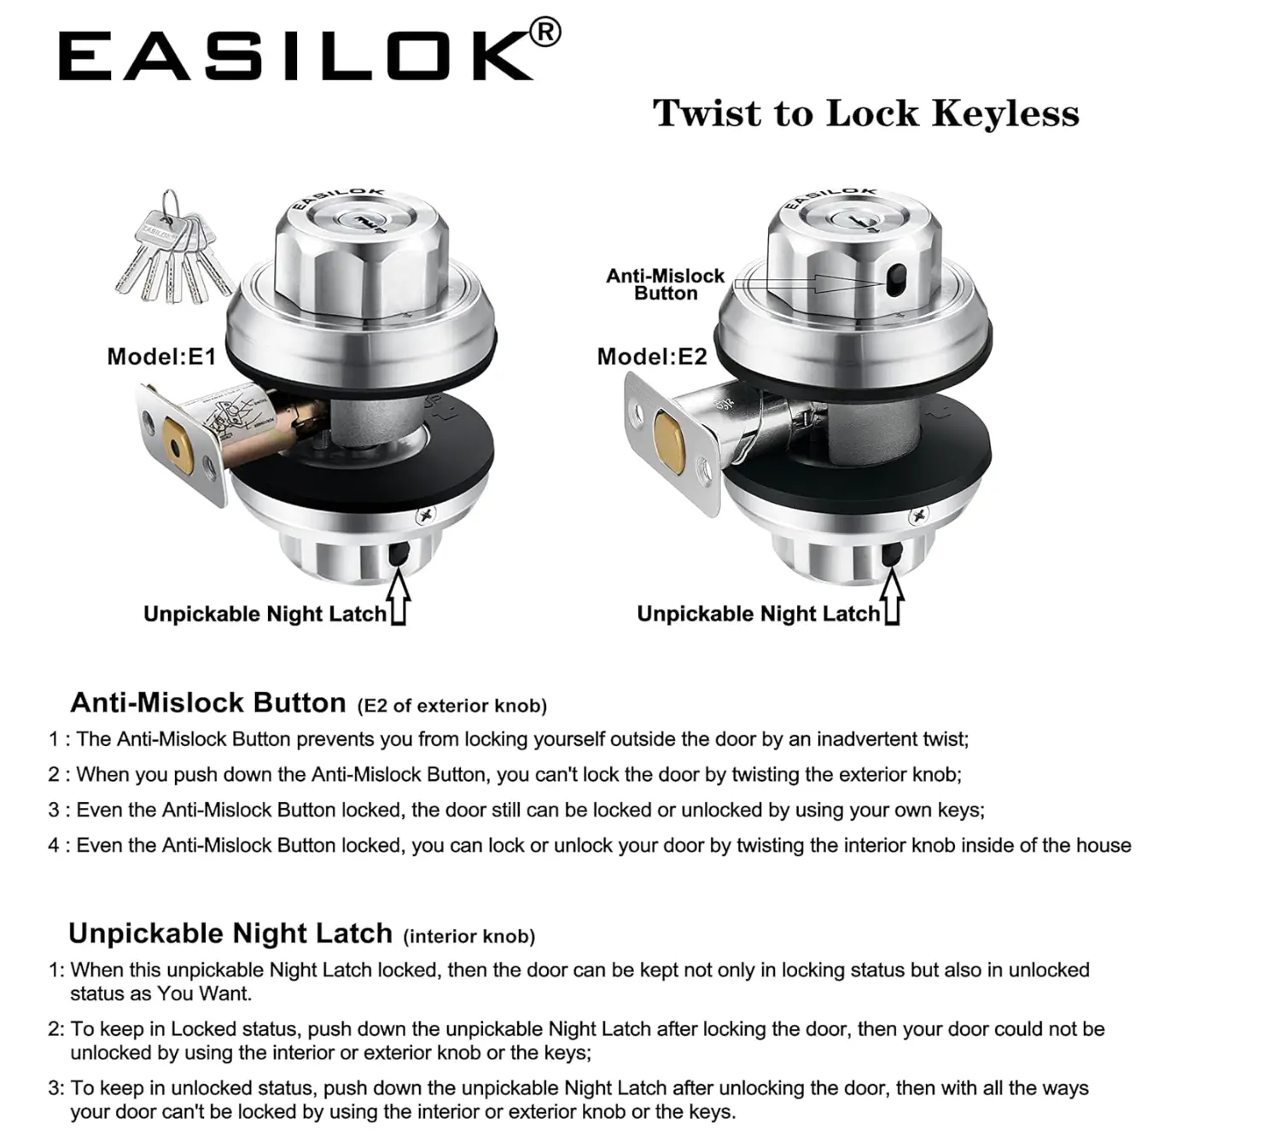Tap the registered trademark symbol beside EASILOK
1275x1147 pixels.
coord(545,33)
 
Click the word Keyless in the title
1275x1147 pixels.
coord(1004,114)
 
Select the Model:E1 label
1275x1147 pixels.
coord(161,357)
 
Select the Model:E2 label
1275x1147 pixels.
coord(651,357)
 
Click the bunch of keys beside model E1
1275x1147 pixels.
coord(173,248)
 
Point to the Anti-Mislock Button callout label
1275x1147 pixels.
coord(665,284)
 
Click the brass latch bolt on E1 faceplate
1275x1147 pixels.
coord(178,445)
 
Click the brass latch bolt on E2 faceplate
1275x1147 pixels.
coord(669,444)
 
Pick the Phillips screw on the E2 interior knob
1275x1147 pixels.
coord(918,517)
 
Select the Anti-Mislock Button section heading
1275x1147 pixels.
coord(208,702)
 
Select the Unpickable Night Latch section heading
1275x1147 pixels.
coord(230,934)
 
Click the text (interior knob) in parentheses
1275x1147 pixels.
coord(469,936)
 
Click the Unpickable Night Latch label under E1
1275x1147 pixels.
coord(265,614)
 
